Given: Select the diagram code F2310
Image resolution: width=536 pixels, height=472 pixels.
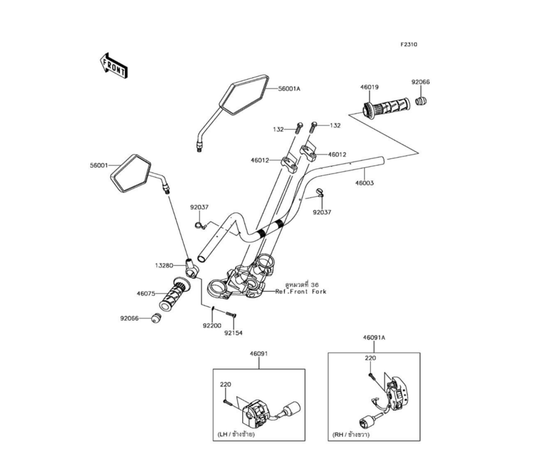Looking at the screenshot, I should click(x=408, y=45).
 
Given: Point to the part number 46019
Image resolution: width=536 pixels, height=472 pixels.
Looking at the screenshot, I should click(x=370, y=87).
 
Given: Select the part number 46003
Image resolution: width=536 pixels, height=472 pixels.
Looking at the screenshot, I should click(x=364, y=183).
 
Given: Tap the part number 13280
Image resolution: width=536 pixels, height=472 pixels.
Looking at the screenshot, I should click(x=165, y=265).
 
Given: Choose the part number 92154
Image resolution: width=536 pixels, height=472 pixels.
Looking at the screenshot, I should click(x=234, y=333).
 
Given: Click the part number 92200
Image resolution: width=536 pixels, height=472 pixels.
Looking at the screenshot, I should click(x=212, y=325).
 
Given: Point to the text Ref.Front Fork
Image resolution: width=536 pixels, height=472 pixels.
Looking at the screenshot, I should click(x=301, y=292).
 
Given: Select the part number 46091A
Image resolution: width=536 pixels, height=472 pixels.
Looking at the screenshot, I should click(x=374, y=338).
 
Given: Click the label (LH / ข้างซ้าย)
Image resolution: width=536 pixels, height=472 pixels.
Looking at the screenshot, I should click(x=236, y=434).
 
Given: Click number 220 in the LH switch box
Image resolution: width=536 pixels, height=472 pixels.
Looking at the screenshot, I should click(x=225, y=385).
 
